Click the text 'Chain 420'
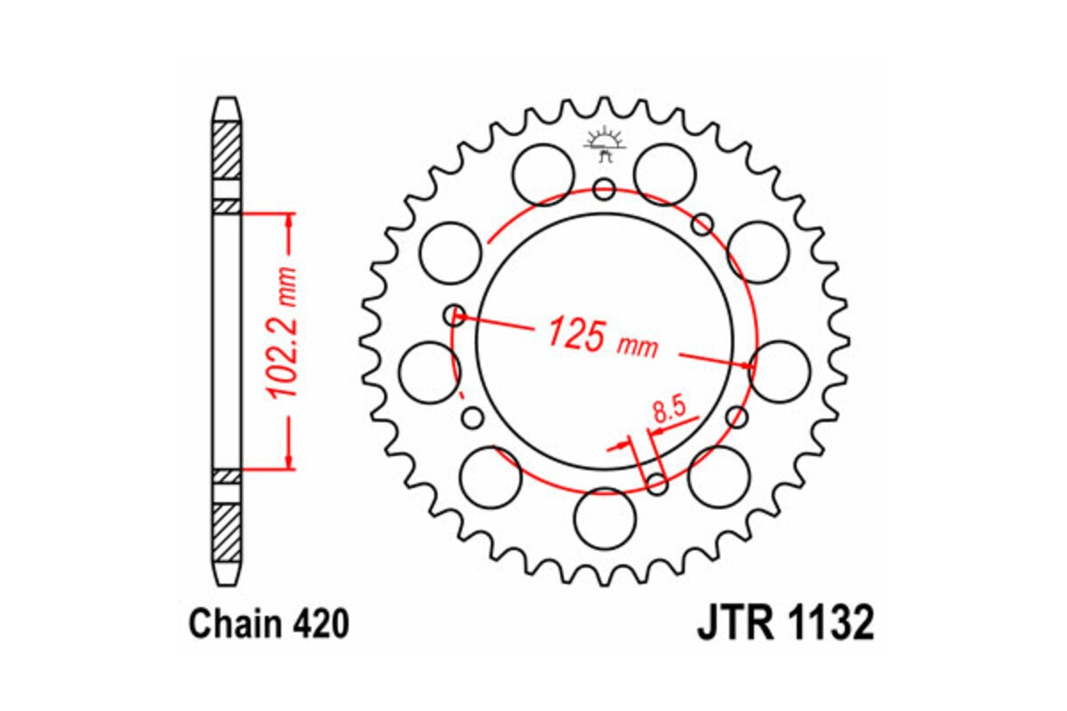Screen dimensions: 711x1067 click(x=268, y=625)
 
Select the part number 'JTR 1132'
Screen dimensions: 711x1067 click(x=785, y=624)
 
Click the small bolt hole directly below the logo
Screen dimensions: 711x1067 click(x=605, y=188)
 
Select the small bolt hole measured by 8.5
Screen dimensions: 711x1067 click(x=657, y=483)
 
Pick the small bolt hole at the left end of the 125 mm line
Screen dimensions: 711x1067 click(x=455, y=313)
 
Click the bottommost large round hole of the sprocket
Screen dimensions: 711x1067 click(x=606, y=519)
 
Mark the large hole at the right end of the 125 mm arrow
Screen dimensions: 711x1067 click(x=781, y=371)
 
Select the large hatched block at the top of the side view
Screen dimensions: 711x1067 click(x=227, y=149)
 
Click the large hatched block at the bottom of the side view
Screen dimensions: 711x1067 click(x=227, y=530)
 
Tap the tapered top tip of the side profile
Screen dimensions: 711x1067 click(x=227, y=106)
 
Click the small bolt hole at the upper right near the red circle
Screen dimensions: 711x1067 click(x=702, y=223)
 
